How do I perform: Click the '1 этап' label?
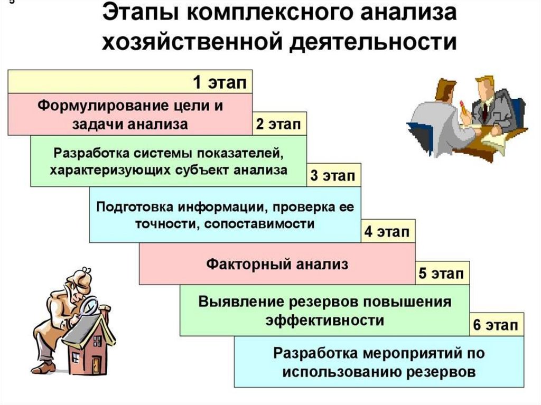(x=219, y=82)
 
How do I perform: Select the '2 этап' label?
(x=278, y=125)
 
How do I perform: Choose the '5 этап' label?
(x=441, y=274)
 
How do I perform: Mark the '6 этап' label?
(x=495, y=325)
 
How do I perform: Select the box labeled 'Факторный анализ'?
(x=277, y=264)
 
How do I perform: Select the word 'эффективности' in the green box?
(x=324, y=320)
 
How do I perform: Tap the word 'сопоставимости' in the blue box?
(x=258, y=223)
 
